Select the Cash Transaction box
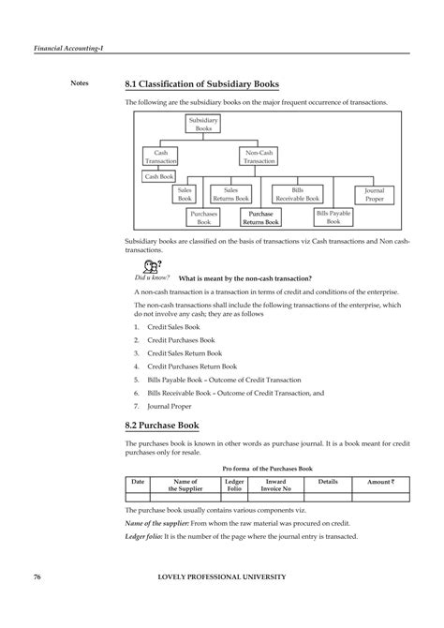tap(160, 156)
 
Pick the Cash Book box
tap(159, 176)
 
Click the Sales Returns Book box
tap(230, 194)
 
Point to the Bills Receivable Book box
tap(297, 194)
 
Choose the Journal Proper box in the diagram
tap(374, 194)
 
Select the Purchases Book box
tap(203, 217)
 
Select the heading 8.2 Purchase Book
tap(162, 425)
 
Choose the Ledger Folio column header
tap(234, 485)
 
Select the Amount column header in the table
tap(379, 481)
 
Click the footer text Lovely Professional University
tap(222, 576)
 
